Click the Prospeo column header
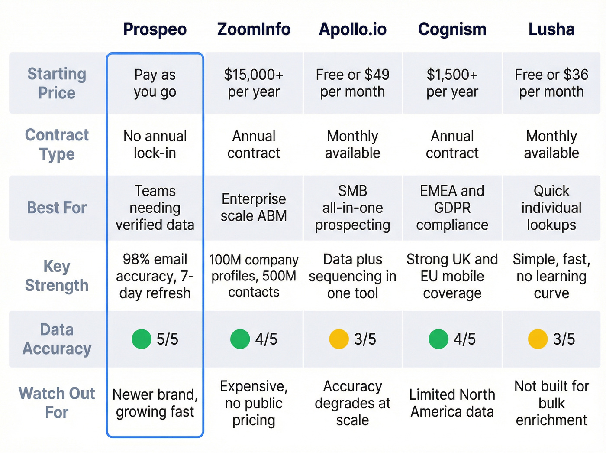click(155, 29)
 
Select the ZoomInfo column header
click(254, 29)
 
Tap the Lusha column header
click(551, 29)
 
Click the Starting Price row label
click(57, 83)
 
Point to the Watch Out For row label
click(57, 403)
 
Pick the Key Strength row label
click(57, 276)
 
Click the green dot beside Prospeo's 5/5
click(142, 339)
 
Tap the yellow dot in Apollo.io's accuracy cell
click(339, 339)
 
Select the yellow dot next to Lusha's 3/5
click(538, 339)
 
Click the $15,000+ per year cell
click(254, 83)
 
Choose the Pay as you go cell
click(155, 83)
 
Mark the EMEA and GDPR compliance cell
click(452, 208)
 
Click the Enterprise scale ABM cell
click(254, 207)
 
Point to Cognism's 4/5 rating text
click(464, 339)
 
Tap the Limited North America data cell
click(452, 403)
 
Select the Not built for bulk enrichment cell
click(551, 403)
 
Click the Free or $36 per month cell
click(551, 83)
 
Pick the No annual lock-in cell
click(155, 144)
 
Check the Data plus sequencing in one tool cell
click(352, 276)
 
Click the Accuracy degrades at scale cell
click(352, 403)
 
